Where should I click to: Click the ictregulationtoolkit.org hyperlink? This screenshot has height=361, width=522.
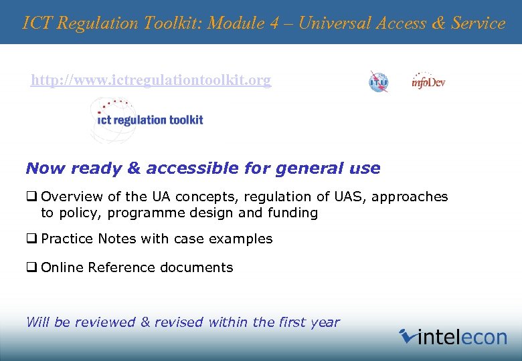[x=151, y=81]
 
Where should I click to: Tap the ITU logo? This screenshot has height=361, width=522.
[x=378, y=82]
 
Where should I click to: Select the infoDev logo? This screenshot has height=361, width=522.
[x=428, y=82]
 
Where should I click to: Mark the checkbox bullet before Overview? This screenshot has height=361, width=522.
[x=31, y=197]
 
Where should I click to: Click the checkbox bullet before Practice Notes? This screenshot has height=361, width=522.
[x=31, y=239]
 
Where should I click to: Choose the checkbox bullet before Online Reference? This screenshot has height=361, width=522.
[x=31, y=267]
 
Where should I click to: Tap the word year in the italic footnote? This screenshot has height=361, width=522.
[x=325, y=322]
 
